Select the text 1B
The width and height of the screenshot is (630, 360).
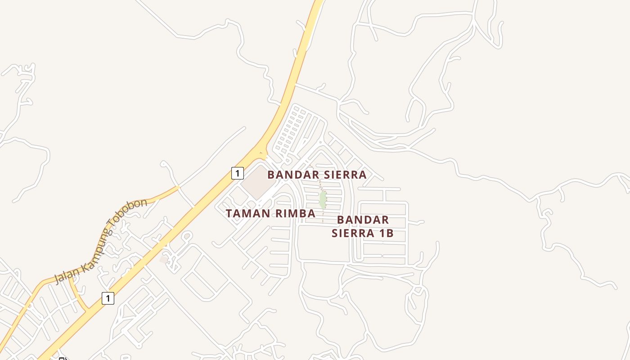(x=386, y=233)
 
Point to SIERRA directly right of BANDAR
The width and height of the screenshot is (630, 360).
(x=345, y=175)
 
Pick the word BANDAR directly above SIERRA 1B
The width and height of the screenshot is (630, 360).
(x=363, y=220)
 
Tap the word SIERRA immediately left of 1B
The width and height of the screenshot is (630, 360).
(x=353, y=233)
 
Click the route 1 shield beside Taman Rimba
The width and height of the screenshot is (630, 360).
(x=238, y=173)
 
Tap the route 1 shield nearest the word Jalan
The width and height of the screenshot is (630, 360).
(x=108, y=298)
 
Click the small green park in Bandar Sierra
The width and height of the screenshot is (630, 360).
(x=323, y=200)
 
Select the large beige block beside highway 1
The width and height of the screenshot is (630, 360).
(x=257, y=183)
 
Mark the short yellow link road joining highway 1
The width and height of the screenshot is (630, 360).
(x=78, y=295)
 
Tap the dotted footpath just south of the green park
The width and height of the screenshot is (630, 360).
(x=323, y=215)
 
